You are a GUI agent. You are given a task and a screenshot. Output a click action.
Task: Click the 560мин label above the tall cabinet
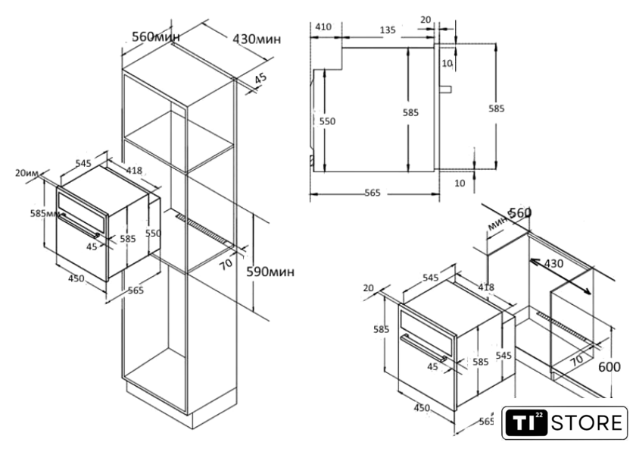pos(156,37)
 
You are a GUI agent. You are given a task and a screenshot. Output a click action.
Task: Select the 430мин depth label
pos(257,39)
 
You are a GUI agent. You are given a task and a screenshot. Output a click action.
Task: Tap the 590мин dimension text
pos(270,272)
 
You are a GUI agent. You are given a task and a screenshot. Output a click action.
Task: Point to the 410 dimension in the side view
pos(323,27)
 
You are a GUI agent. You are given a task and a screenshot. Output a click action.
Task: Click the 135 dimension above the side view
pos(388,30)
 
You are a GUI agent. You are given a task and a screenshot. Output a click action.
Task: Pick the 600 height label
pos(609,367)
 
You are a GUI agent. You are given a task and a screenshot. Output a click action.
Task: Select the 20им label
pos(26,173)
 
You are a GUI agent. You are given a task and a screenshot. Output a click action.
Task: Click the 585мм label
pos(45,213)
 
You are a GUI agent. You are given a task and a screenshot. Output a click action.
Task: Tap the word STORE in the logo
pos(587,422)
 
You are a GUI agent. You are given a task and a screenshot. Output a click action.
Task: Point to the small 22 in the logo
pos(539,415)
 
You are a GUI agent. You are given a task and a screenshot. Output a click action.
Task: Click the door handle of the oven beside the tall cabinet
pos(79,226)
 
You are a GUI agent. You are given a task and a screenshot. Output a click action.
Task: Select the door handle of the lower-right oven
pos(424,348)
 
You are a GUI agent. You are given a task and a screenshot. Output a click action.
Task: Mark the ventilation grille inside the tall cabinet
pos(205,231)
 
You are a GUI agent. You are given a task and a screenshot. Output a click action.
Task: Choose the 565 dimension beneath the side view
pos(373,193)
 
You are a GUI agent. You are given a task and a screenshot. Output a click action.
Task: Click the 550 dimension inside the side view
pos(327,121)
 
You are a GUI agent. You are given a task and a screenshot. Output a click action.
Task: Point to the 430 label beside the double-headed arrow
pos(553,264)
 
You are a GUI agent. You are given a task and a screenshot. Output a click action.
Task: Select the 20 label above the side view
pos(426,20)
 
